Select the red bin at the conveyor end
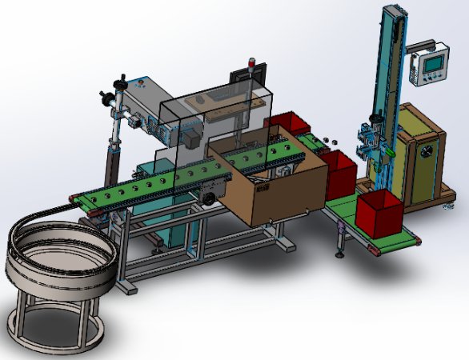click(379, 213)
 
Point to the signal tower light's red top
click(254, 59)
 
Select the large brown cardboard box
click(276, 184)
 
